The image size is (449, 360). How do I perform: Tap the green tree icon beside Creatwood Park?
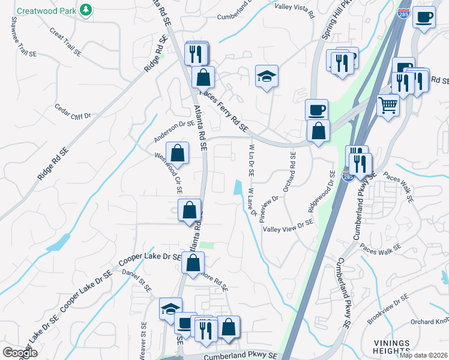coord(86,10)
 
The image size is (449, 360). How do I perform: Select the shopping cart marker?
coord(388,106)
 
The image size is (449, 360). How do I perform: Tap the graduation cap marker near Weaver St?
coord(170,308)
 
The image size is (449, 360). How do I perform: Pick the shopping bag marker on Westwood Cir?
coord(178,153)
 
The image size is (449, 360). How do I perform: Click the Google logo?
coord(20,352)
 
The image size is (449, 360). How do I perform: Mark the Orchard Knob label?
coord(429,322)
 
